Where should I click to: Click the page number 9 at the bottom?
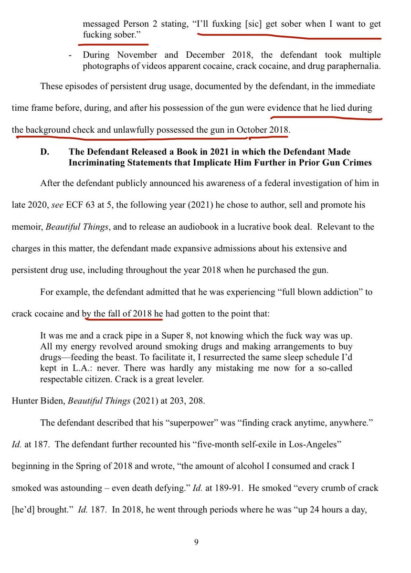pos(196,541)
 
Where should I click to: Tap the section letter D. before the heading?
pos(44,152)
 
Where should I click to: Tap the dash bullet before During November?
pos(71,55)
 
